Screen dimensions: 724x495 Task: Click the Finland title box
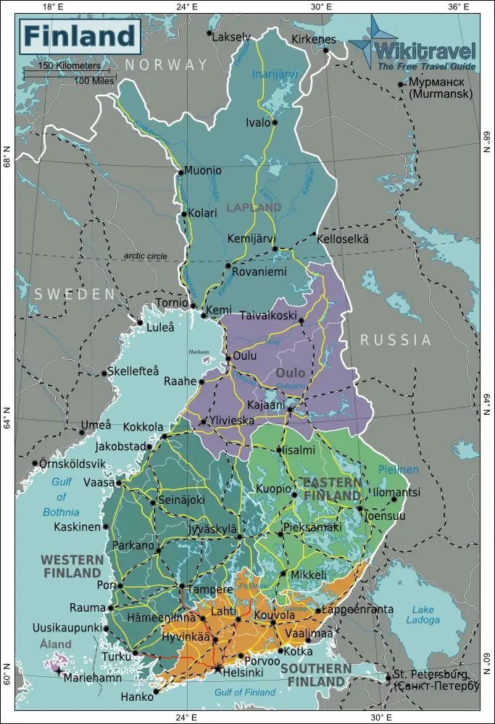coord(80,35)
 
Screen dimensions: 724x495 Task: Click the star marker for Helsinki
coord(217,668)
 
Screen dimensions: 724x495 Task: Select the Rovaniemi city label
coord(259,271)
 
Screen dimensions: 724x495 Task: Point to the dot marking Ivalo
coord(275,122)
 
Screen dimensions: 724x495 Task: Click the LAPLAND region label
coord(254,207)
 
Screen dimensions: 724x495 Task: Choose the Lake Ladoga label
coord(423,615)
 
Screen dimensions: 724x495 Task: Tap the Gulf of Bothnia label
coord(61,497)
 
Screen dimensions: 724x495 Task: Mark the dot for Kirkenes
coord(326,50)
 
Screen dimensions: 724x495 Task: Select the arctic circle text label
coord(144,256)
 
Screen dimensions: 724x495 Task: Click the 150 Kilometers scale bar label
coord(70,66)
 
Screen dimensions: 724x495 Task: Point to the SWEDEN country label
coord(75,295)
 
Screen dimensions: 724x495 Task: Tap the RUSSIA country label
coord(396,340)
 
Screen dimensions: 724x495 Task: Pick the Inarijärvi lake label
coord(275,74)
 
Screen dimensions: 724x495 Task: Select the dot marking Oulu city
coord(228,358)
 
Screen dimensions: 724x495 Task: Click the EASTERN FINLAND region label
coord(331,489)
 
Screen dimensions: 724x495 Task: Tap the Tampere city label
coord(209,589)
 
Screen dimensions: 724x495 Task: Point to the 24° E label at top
coord(186,7)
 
